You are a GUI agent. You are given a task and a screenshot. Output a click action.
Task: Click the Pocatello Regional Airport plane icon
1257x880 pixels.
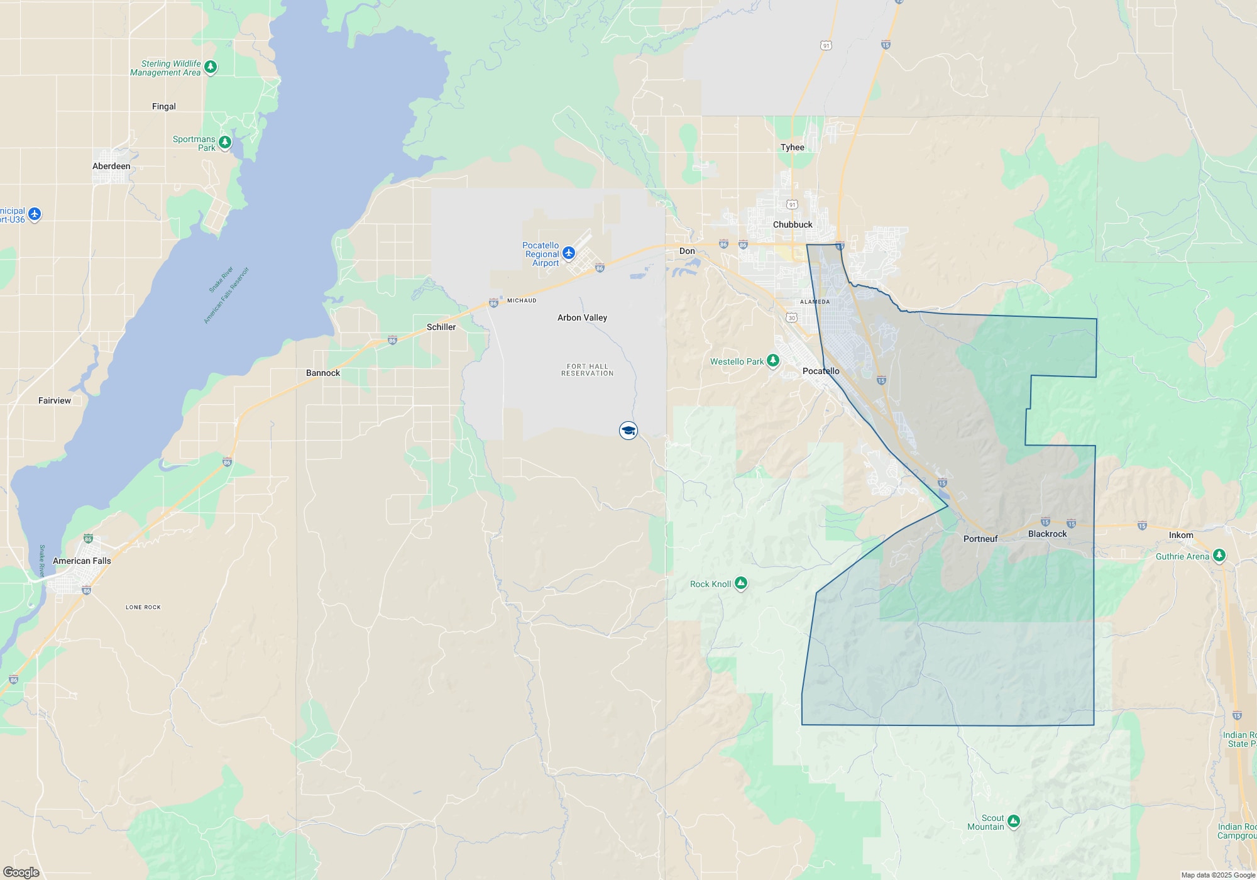coord(569,253)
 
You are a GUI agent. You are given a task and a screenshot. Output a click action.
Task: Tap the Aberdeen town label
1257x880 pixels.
coord(111,166)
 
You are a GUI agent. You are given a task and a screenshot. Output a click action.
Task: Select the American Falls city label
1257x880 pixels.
coord(82,561)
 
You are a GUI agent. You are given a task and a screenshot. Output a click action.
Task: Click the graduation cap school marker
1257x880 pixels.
coord(628,431)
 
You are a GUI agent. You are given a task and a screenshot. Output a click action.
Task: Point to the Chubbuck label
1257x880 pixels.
coord(793,224)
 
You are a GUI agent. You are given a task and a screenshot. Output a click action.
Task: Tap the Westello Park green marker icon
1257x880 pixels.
coord(773,361)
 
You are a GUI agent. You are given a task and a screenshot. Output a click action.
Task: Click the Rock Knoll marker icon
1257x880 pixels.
coord(741,583)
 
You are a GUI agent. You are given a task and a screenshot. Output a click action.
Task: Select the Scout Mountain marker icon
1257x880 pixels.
coord(1013,821)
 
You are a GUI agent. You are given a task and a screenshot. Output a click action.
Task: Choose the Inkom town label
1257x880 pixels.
coord(1181,535)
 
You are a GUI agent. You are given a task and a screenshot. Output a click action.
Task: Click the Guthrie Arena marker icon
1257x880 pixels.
coord(1219,555)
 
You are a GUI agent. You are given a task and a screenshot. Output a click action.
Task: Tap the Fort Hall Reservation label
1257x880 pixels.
coord(587,370)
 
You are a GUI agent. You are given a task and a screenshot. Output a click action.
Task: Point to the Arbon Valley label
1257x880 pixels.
coord(582,317)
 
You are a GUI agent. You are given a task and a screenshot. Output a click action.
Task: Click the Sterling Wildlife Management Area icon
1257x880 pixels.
coord(211,67)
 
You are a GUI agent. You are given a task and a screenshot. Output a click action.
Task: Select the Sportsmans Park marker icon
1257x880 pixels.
coord(224,142)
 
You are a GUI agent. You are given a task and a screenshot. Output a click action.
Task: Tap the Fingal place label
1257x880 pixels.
coord(164,106)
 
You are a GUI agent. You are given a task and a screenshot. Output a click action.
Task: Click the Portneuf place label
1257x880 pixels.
coord(980,539)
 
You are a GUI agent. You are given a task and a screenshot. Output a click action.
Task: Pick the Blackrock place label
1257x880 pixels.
coord(1047,534)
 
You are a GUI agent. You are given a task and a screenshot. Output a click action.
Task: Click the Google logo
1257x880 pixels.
coord(21,872)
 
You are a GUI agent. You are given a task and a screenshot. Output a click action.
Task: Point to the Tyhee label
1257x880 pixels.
coord(793,147)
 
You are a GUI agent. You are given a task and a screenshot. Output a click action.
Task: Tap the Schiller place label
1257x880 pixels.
coord(441,327)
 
